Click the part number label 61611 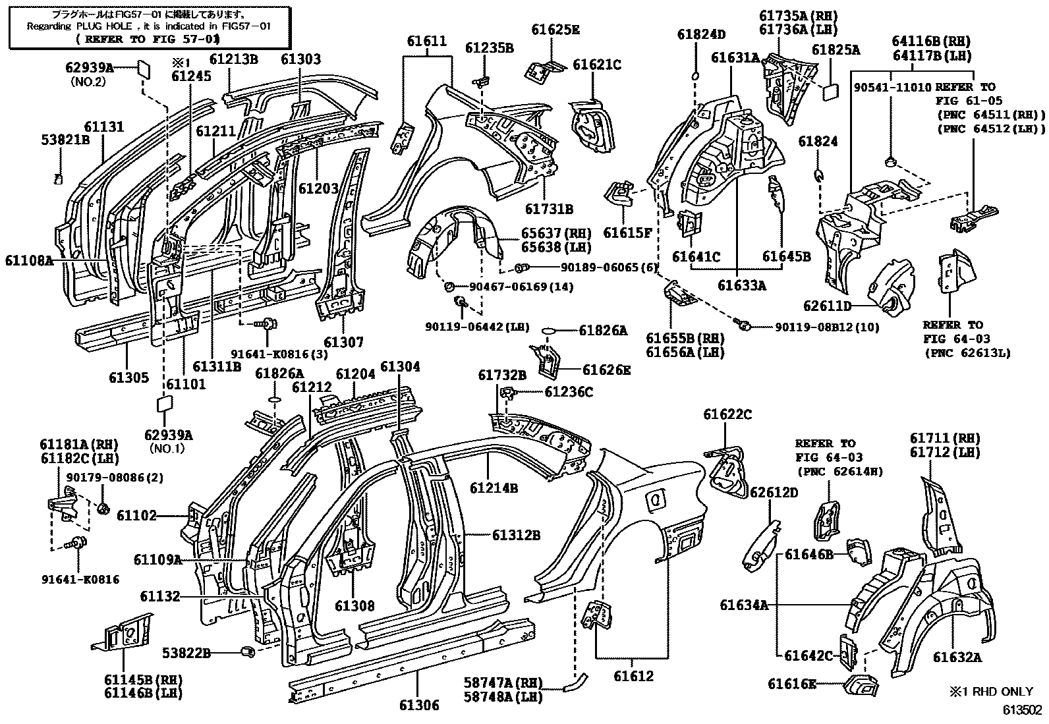coord(426,41)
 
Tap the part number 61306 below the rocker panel coord(418,706)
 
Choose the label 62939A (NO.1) coord(169,435)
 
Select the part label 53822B coord(186,653)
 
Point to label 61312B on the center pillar coord(515,535)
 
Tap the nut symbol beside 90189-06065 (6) coord(520,267)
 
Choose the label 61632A coord(956,657)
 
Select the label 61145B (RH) coord(143,679)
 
